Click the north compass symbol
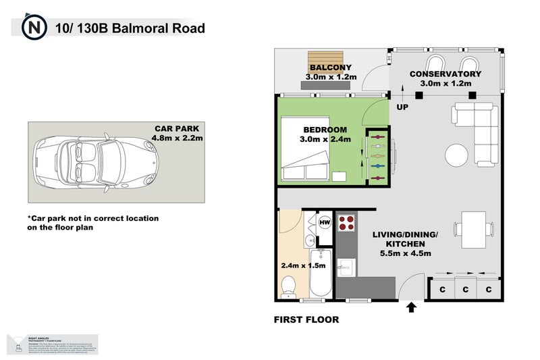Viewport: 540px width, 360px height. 33,29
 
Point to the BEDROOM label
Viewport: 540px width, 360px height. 325,130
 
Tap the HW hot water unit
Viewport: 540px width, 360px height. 325,223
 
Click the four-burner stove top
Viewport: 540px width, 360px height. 346,223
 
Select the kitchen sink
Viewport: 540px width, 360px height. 346,266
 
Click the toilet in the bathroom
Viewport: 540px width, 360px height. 288,284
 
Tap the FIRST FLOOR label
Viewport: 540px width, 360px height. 306,319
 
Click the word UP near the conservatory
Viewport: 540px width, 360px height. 402,107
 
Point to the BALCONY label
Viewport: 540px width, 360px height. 328,68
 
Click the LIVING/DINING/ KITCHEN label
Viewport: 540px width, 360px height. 405,243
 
